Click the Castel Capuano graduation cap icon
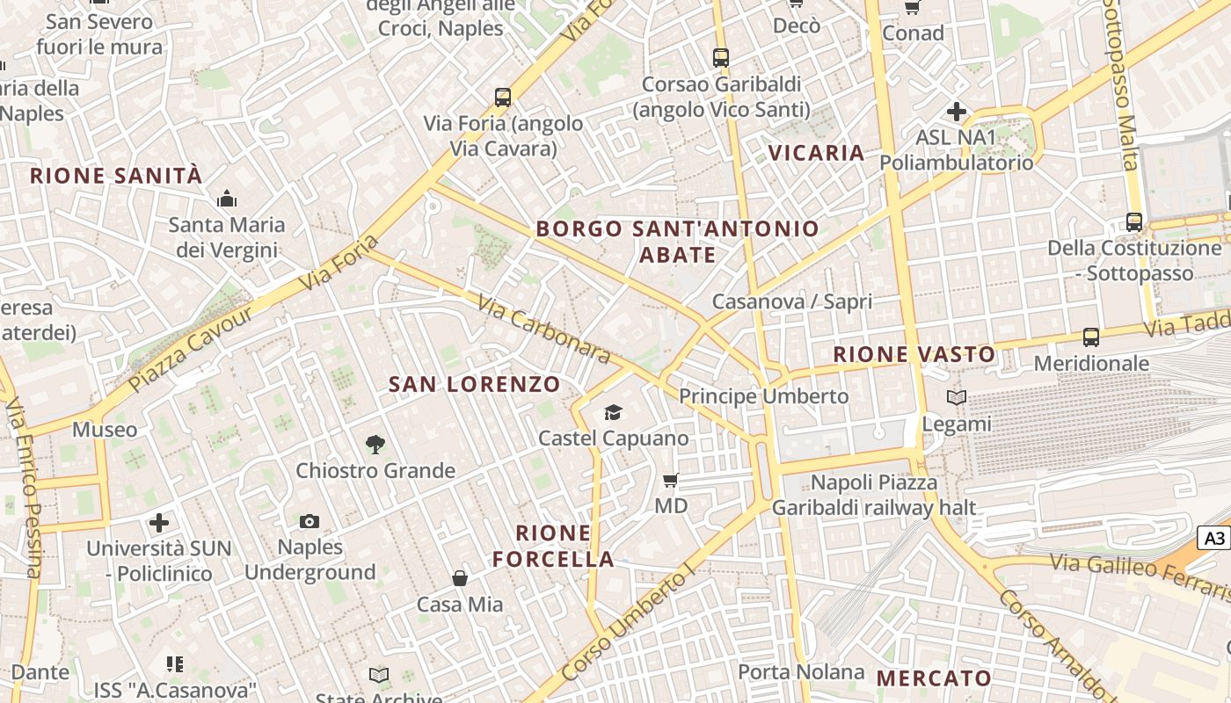613,412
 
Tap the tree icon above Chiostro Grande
375,445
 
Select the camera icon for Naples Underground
309,521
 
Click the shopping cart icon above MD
671,480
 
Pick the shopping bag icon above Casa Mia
459,578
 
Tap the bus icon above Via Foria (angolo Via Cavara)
503,97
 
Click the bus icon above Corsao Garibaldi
721,58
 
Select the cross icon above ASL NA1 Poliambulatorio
957,112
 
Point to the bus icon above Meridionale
1091,337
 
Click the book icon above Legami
957,397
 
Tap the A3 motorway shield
1214,539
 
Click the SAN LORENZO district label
474,384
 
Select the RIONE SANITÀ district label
116,176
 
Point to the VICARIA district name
817,153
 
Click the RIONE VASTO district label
914,354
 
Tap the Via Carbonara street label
544,329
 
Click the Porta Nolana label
801,672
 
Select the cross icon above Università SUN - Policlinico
159,523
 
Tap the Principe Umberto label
763,396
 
